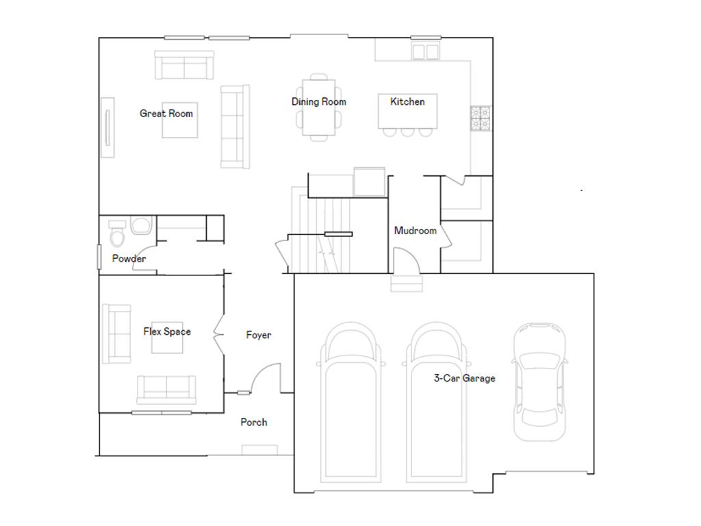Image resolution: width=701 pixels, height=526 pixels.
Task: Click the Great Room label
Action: (x=166, y=114)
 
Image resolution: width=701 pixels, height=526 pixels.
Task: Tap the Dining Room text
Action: (x=318, y=102)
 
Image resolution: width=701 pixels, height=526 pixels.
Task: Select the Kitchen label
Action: (x=407, y=102)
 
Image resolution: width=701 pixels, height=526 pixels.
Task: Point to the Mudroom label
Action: (x=415, y=231)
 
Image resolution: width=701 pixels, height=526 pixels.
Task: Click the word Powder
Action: (x=129, y=259)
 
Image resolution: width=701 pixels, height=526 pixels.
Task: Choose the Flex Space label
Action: (x=167, y=331)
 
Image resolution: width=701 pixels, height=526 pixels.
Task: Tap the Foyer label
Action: (x=259, y=335)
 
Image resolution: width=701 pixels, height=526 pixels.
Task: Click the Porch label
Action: (x=253, y=423)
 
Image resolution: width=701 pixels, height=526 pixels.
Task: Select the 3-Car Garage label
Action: (x=464, y=378)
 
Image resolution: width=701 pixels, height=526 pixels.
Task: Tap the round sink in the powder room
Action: (x=142, y=227)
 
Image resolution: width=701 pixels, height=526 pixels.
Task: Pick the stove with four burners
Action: (x=480, y=117)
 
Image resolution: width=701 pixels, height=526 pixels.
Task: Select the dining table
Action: (x=318, y=108)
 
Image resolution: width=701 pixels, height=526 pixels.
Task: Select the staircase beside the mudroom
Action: (x=322, y=233)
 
